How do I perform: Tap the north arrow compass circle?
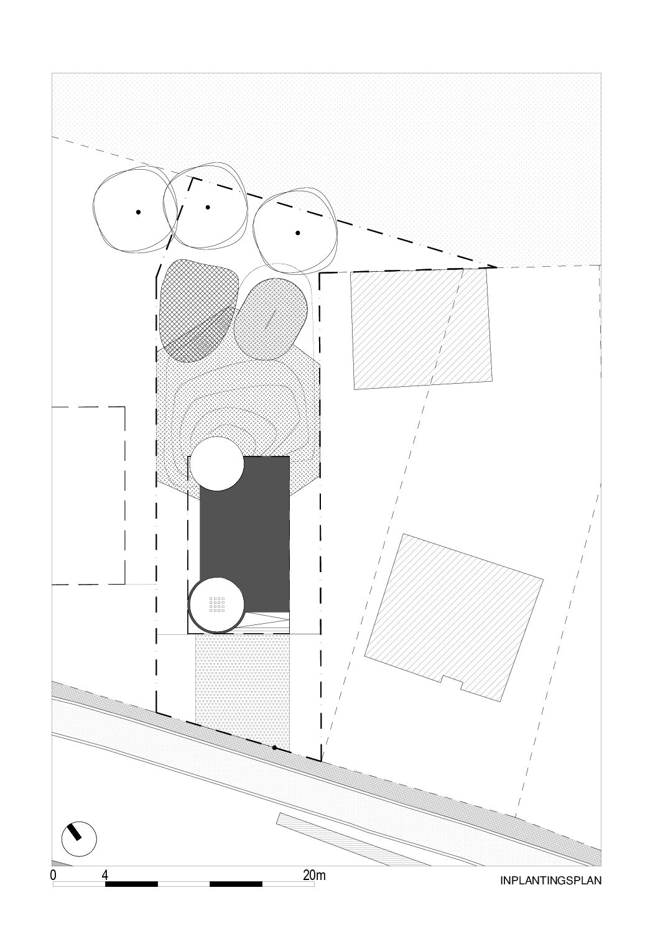[x=79, y=827]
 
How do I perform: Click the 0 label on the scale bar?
[x=53, y=874]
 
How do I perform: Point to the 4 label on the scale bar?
[x=104, y=874]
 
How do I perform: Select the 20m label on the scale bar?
[x=314, y=874]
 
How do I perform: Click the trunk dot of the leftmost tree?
[x=139, y=212]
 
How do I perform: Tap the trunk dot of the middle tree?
[x=208, y=207]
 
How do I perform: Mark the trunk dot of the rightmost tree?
[x=298, y=233]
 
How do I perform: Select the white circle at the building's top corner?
[x=217, y=464]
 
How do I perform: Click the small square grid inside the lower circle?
[x=217, y=604]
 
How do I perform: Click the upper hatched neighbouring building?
[x=420, y=329]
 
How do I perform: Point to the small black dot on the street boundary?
[x=274, y=748]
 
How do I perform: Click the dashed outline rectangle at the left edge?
[x=88, y=496]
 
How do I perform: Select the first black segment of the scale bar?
[x=131, y=883]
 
